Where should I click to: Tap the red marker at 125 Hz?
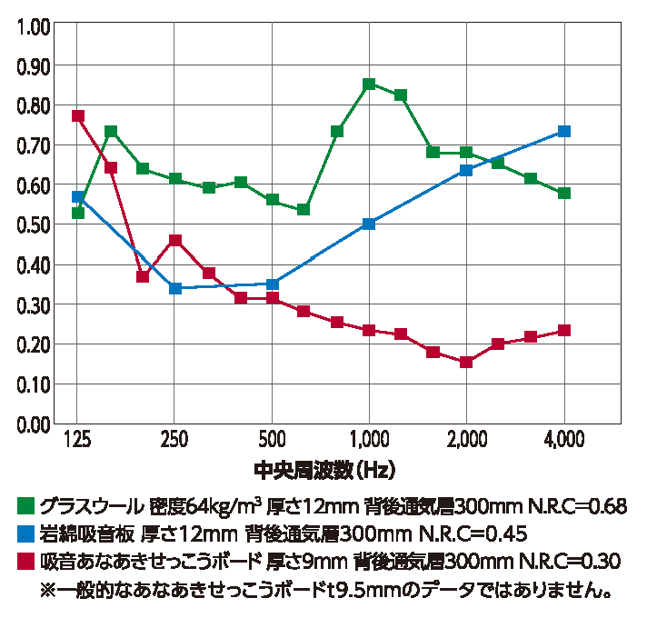78,116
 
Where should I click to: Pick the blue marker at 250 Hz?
175,288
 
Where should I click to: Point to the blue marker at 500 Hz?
273,284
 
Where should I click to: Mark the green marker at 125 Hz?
78,213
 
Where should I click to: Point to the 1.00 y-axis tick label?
32,26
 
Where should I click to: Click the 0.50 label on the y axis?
32,225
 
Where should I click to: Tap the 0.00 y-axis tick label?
32,424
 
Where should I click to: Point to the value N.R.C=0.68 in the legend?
578,506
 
